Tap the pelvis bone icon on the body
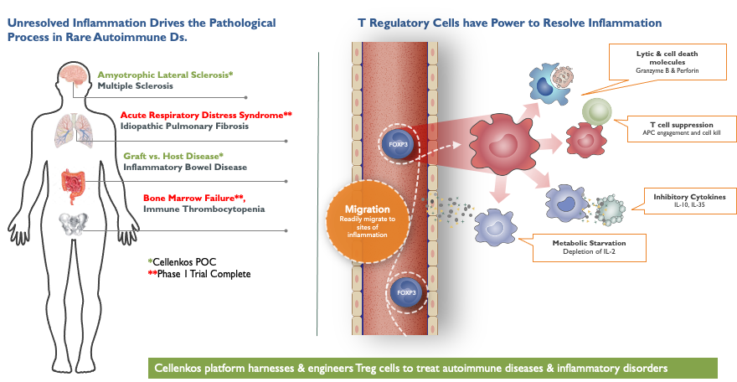(74, 224)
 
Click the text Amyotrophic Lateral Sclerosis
(164, 75)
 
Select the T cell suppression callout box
(675, 128)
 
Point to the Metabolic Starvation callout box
(589, 247)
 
